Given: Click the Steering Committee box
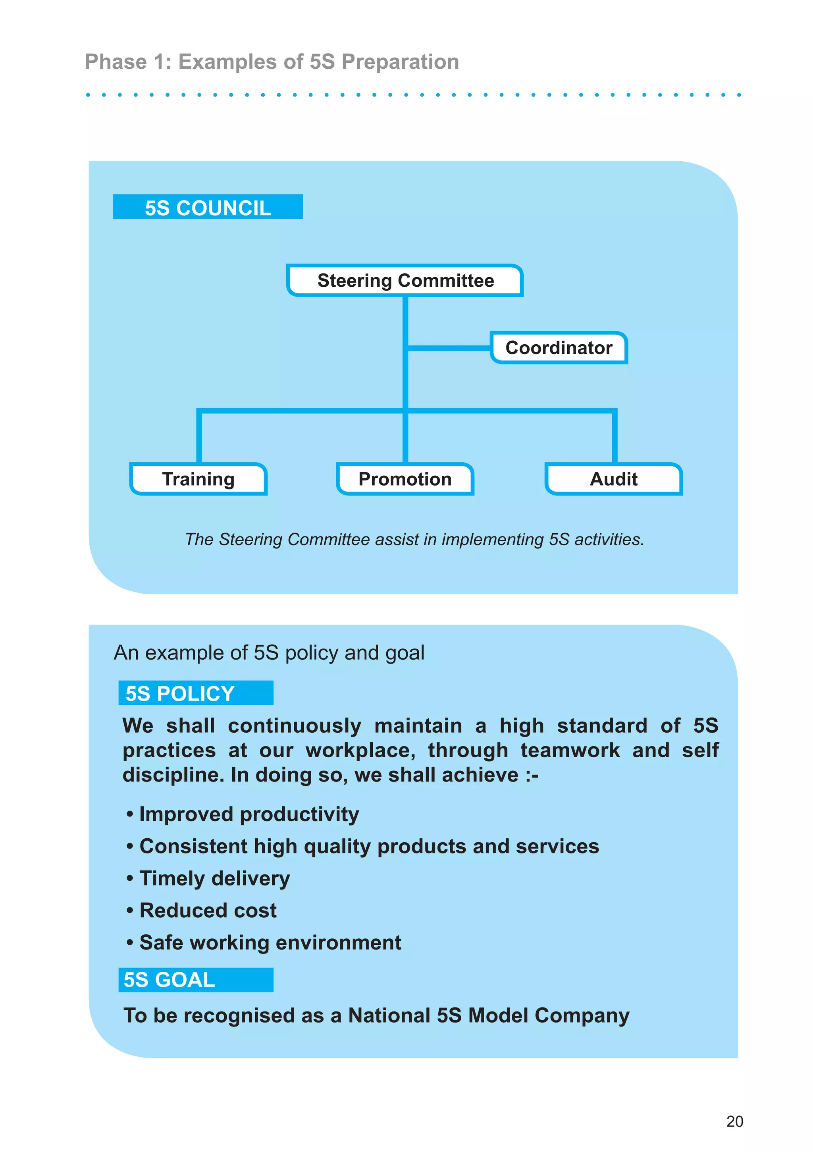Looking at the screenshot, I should [x=405, y=280].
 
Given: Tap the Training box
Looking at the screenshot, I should [x=198, y=479].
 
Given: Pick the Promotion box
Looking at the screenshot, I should [x=405, y=479].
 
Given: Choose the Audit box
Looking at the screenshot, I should [x=613, y=479].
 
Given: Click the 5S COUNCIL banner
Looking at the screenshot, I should [x=208, y=207].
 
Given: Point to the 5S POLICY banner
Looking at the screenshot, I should [x=196, y=693].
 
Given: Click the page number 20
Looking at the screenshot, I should [x=734, y=1121].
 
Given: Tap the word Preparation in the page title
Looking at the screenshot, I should [x=400, y=62].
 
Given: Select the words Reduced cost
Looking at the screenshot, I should [x=208, y=911].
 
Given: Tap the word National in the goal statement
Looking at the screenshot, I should [x=389, y=1015].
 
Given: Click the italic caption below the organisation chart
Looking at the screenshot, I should [x=414, y=539].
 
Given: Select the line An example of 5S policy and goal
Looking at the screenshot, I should [x=269, y=653].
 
